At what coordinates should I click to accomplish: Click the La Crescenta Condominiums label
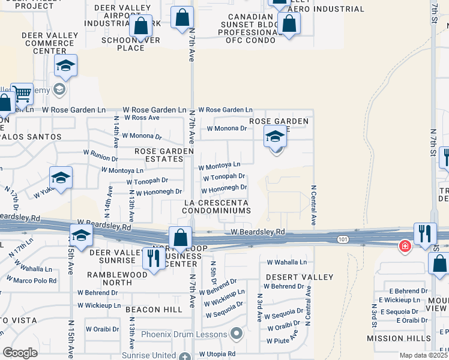pyautogui.click(x=216, y=207)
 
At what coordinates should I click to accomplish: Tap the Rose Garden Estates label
pyautogui.click(x=159, y=155)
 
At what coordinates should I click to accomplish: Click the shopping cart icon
pyautogui.click(x=22, y=94)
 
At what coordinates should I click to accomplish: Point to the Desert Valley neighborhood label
pyautogui.click(x=299, y=277)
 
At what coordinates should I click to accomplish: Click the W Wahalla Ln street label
pyautogui.click(x=286, y=262)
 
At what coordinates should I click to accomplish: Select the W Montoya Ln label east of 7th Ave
pyautogui.click(x=219, y=165)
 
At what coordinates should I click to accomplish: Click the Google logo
pyautogui.click(x=20, y=352)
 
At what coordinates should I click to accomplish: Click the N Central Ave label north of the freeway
pyautogui.click(x=313, y=205)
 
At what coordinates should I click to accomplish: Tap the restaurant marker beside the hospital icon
pyautogui.click(x=424, y=235)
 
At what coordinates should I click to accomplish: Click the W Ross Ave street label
pyautogui.click(x=142, y=118)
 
